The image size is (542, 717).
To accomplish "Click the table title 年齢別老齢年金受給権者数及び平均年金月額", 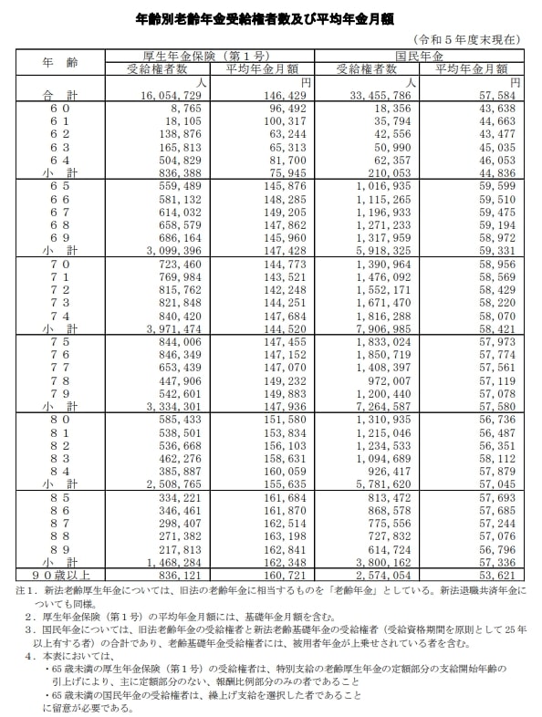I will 270,19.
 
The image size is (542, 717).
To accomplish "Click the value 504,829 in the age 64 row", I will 165,159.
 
